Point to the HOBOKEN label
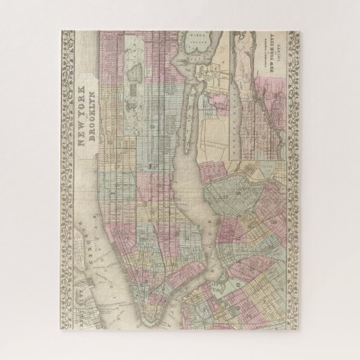pyautogui.click(x=87, y=240)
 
